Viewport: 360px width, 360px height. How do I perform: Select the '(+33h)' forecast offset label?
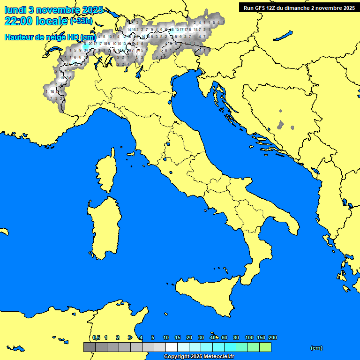click(81, 21)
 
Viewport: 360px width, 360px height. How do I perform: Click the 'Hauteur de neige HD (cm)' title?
click(50, 37)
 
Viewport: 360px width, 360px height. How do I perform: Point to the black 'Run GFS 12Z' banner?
click(299, 7)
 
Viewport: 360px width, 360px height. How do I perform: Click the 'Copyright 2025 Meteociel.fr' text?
click(199, 356)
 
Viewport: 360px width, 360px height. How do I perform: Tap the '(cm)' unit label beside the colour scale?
click(316, 348)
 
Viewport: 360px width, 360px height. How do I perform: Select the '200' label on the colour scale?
click(272, 338)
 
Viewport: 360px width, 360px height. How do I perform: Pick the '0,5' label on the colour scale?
click(96, 338)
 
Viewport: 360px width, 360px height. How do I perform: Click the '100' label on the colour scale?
click(249, 338)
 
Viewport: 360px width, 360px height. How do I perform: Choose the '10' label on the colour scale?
click(166, 338)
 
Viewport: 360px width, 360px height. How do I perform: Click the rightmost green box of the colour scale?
click(265, 347)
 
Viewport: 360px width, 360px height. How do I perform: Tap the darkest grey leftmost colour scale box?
click(89, 347)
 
